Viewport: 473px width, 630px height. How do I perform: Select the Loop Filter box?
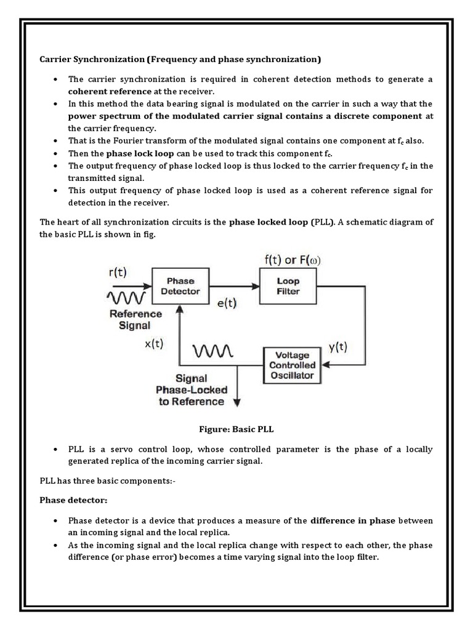point(288,285)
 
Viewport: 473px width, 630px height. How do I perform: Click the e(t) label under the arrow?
point(228,303)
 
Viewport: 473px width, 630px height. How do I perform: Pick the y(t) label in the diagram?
point(338,346)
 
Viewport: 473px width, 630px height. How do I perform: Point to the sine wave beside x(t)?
point(212,351)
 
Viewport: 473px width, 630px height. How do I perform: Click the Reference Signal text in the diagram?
point(135,319)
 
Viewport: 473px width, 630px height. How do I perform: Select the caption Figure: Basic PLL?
point(236,429)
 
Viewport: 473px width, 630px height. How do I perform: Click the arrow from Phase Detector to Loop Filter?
point(234,285)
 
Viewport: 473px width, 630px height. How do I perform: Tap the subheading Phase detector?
point(65,500)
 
